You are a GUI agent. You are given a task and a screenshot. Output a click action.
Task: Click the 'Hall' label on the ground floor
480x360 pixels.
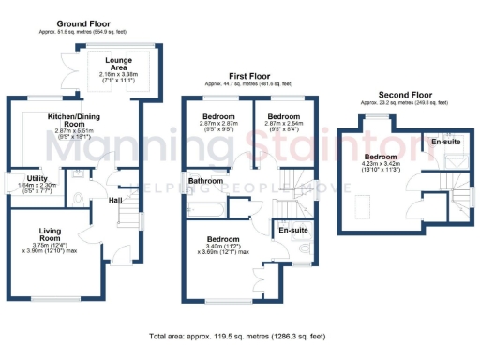(115, 199)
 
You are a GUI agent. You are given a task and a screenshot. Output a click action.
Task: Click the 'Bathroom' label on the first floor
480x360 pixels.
(204, 180)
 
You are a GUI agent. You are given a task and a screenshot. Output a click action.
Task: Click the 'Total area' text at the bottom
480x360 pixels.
(239, 335)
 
